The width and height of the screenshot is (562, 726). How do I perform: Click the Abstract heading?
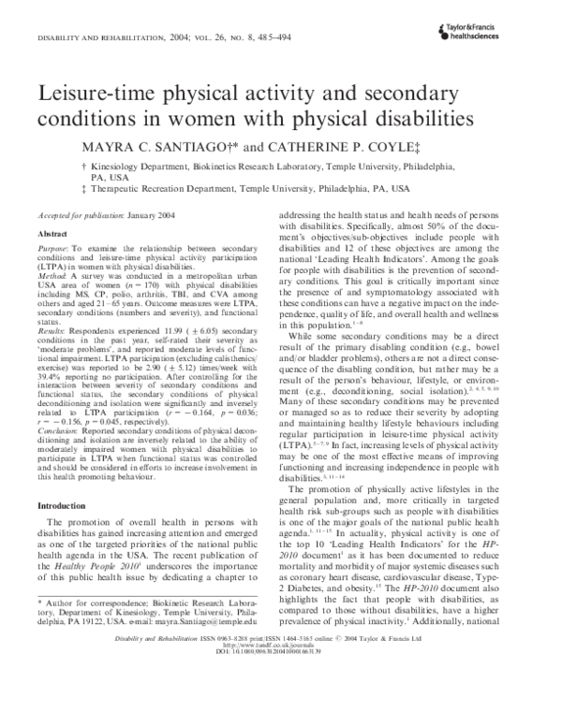52,229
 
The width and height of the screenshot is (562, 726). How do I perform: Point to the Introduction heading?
61,478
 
